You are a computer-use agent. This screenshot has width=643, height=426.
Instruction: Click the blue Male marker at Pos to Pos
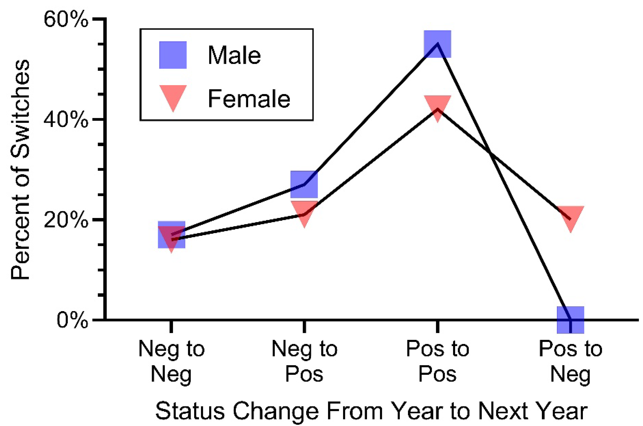coord(437,44)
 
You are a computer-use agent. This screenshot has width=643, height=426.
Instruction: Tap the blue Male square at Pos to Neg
coord(571,320)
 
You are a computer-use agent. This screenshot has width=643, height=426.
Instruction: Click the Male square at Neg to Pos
coord(304,184)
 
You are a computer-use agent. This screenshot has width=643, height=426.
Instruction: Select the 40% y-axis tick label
coord(66,119)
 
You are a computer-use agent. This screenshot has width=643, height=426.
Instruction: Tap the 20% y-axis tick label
coord(66,220)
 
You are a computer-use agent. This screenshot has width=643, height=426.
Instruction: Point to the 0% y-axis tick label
coord(72,320)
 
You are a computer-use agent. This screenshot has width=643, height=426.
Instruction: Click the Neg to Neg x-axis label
coord(171,362)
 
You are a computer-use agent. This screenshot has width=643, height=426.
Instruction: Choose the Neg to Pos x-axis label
coord(304,361)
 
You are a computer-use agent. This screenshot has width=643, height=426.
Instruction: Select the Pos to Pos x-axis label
coord(437,361)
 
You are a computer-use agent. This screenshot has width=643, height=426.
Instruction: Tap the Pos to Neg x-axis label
coord(571,362)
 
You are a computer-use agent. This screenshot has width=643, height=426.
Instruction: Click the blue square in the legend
coord(173,55)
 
